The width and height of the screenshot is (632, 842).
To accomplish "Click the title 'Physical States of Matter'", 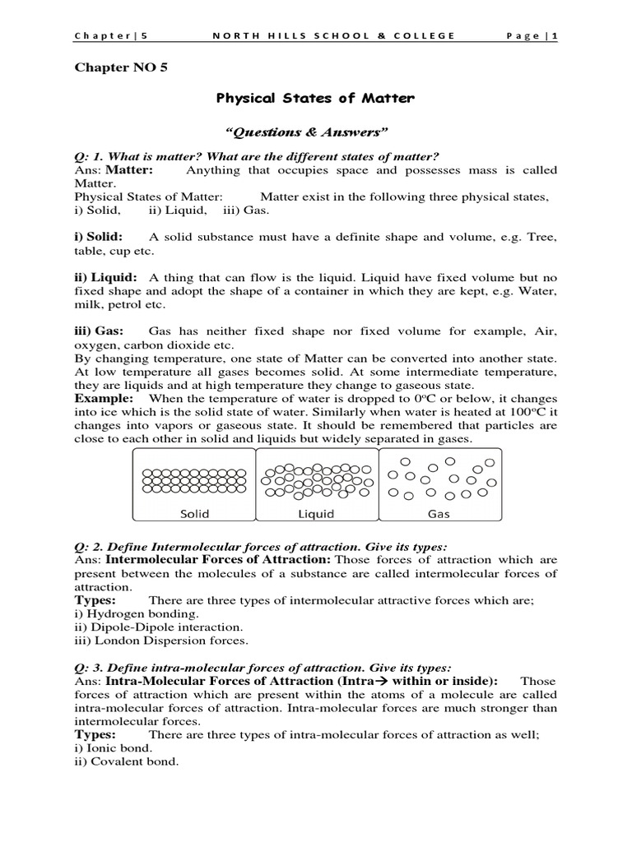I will coord(315,99).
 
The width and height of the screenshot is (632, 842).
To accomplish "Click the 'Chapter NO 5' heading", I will coord(120,67).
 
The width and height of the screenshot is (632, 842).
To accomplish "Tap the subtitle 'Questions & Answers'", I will coord(315,131).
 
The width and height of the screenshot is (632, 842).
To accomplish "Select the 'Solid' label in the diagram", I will coord(194,514).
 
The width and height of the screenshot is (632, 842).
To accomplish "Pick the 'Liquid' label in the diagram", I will coord(316,514).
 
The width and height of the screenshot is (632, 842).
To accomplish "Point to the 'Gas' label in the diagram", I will coord(439,514).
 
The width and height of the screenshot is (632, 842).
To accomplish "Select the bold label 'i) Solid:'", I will coord(99,237).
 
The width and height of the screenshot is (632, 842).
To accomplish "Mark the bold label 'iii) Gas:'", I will coord(99,331).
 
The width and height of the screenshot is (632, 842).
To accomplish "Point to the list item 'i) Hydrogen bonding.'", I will coord(137,613).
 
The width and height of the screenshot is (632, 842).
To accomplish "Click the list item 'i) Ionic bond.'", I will coord(114,748).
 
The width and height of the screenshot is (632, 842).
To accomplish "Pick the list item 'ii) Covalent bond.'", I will coord(127,761).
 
